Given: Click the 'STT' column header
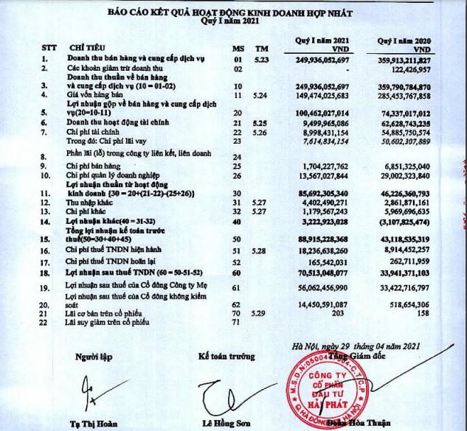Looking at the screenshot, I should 48,46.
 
